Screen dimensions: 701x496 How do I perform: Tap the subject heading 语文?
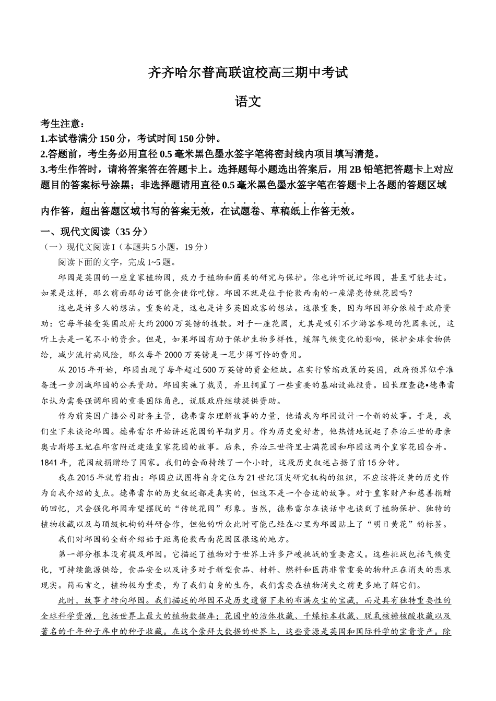coord(248,102)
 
